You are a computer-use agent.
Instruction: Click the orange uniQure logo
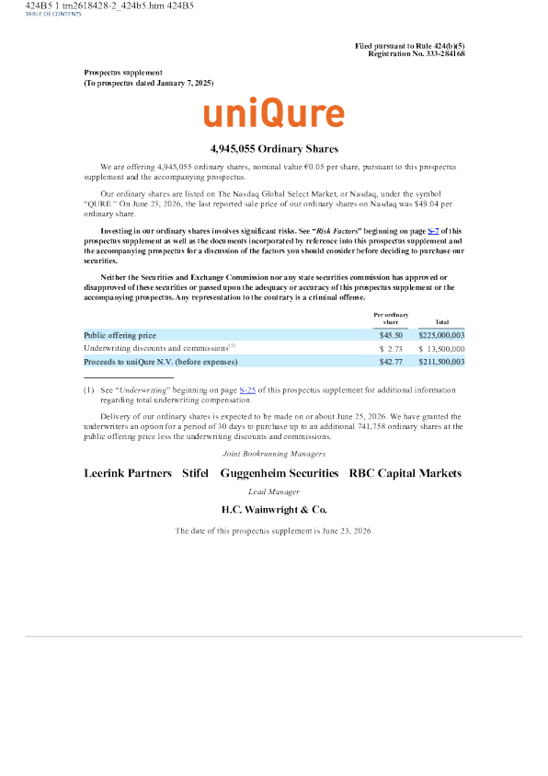click(274, 112)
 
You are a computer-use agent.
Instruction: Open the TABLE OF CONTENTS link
click(53, 14)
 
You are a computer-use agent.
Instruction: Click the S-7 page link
click(433, 231)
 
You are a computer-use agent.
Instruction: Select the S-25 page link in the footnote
click(247, 390)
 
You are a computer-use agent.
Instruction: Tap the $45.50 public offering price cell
click(391, 335)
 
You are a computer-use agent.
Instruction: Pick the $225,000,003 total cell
click(441, 335)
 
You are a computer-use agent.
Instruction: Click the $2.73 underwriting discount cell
click(391, 349)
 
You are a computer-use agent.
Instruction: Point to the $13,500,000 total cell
click(441, 349)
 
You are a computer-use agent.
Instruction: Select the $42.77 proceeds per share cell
click(391, 362)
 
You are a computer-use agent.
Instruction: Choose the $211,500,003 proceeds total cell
click(441, 362)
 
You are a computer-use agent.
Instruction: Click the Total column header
click(441, 321)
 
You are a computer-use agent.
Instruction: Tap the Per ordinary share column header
click(391, 319)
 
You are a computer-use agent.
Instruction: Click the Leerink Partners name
click(128, 473)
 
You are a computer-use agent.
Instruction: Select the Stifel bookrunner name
click(195, 473)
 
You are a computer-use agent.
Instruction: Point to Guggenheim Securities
click(280, 474)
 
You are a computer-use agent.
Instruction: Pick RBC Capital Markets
click(405, 474)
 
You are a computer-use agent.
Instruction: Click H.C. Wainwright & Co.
click(274, 510)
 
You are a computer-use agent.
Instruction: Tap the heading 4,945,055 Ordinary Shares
click(274, 149)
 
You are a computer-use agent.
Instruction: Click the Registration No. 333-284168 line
click(417, 53)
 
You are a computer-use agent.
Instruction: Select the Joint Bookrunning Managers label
click(274, 454)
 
